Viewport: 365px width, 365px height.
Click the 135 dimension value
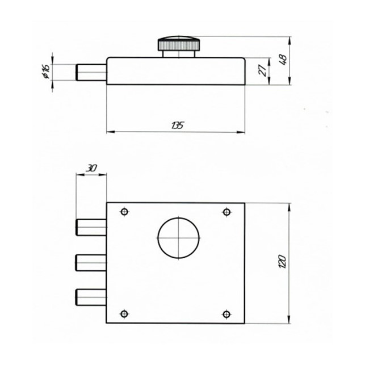click(177, 125)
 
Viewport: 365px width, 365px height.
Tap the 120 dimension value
click(282, 262)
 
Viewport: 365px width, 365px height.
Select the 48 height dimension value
click(283, 60)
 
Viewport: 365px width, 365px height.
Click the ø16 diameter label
click(46, 71)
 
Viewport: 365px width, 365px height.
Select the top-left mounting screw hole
click(124, 212)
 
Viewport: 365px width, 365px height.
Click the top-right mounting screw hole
click(226, 212)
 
